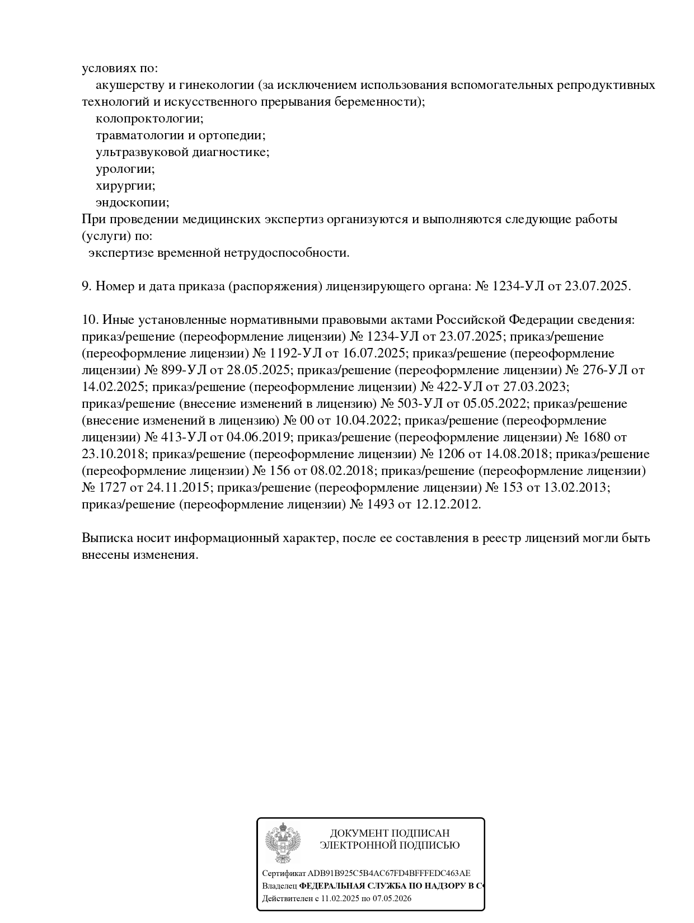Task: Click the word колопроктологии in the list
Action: click(148, 119)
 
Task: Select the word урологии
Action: click(125, 169)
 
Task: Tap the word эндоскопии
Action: click(132, 203)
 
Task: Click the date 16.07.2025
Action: click(370, 354)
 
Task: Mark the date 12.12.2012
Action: click(447, 505)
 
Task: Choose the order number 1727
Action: click(112, 488)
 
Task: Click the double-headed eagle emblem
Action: click(283, 843)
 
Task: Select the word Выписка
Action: click(106, 538)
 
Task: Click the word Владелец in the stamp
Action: click(279, 886)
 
